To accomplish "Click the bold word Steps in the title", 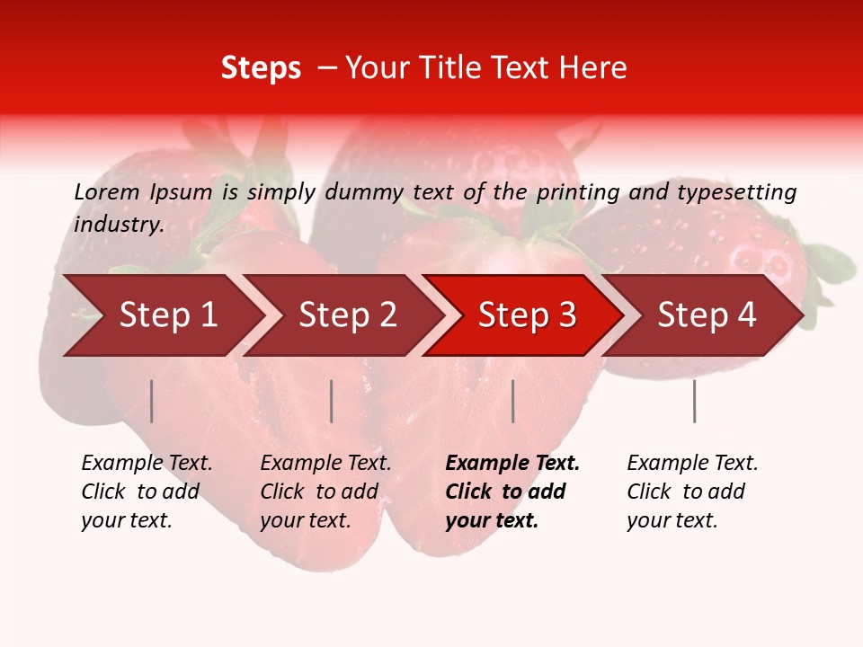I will coord(261,68).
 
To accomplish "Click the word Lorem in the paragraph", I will coord(107,191).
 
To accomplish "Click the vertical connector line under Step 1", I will coord(152,401).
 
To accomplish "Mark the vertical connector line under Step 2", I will coord(332,401).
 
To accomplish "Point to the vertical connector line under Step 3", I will coord(513,401).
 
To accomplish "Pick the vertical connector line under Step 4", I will coord(694,401).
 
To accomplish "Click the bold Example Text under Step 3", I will coord(512,464).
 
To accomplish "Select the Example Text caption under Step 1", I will coord(147,464).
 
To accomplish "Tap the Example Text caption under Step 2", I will coord(325,464).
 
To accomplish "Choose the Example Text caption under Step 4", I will coord(692,464).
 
